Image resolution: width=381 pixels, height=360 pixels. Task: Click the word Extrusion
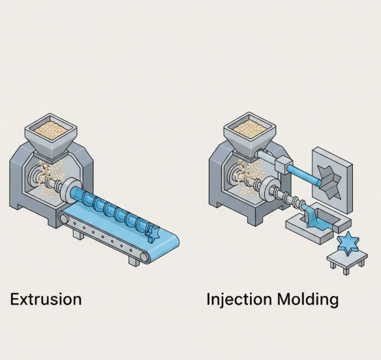pyautogui.click(x=46, y=299)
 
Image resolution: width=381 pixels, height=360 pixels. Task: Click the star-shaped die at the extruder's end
pyautogui.click(x=155, y=230)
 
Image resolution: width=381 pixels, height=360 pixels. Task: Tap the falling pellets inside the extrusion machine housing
pyautogui.click(x=46, y=177)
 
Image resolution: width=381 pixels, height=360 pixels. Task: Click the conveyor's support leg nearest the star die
pyautogui.click(x=134, y=260)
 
